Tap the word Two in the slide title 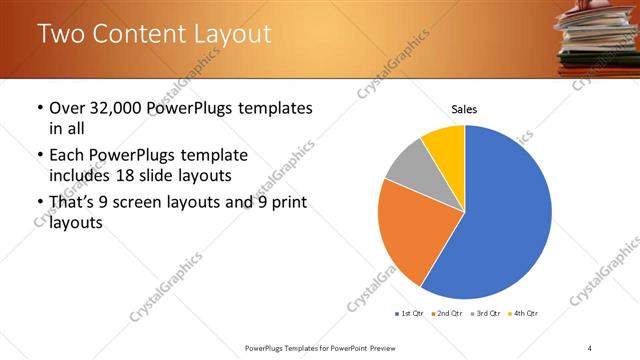click(x=62, y=34)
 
